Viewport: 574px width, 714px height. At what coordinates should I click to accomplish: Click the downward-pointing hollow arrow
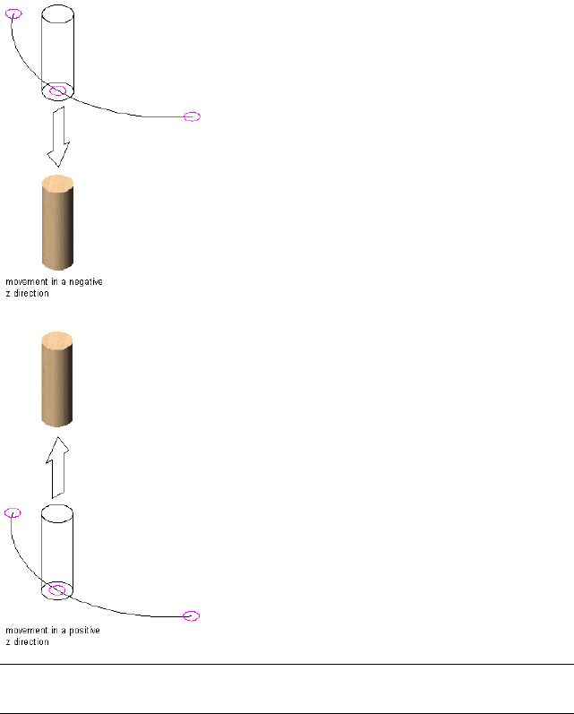(x=58, y=137)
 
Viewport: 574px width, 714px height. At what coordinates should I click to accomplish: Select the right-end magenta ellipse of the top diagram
(x=192, y=116)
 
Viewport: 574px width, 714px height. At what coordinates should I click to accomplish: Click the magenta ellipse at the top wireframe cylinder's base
(x=57, y=90)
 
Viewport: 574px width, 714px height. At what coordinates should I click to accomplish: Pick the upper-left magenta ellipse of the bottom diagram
(x=13, y=512)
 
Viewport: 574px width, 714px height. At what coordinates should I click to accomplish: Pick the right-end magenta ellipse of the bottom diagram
(x=191, y=615)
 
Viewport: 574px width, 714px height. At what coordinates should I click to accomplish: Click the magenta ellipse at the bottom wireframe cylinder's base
(x=58, y=589)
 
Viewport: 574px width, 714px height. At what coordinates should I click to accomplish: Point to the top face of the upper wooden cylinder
(x=57, y=184)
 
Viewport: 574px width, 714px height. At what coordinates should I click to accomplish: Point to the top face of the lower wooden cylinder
(x=57, y=340)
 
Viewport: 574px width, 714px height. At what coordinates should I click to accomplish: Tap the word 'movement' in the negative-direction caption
(x=25, y=281)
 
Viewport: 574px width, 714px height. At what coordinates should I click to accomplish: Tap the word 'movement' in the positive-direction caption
(x=25, y=631)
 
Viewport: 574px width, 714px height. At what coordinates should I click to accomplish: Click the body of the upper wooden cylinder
(x=57, y=228)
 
